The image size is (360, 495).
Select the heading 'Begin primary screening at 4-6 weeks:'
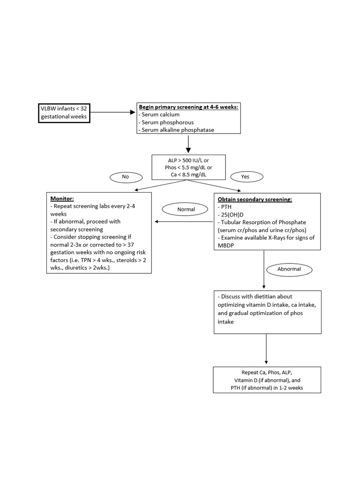188,107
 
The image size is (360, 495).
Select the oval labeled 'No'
126,177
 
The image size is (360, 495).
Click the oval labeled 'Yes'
247,177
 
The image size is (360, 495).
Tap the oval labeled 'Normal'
185,209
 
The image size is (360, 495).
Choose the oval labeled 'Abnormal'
289,269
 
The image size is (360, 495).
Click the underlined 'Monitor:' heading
62,199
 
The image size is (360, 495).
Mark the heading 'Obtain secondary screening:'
255,200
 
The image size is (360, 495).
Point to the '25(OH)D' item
231,215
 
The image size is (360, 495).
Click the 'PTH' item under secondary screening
225,207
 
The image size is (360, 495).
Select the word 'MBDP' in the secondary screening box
226,246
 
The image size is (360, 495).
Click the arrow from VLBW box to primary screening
113,112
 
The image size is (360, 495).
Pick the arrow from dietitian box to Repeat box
266,349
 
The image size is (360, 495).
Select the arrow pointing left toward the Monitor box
184,222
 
